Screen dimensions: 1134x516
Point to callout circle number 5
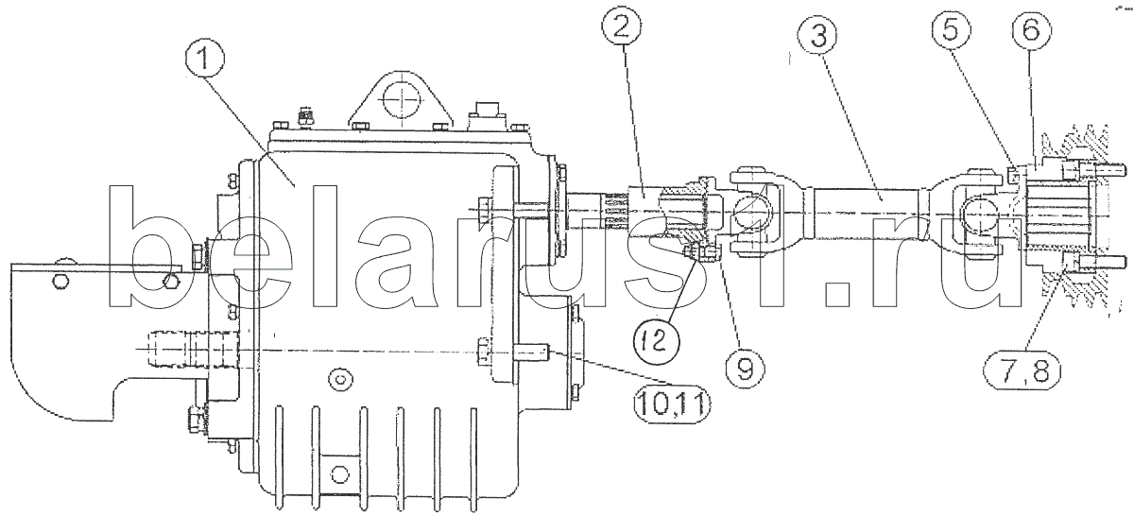[x=951, y=30]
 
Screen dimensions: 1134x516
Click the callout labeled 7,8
[x=1022, y=373]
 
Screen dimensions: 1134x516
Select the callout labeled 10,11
[x=672, y=403]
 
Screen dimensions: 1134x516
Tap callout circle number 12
[x=657, y=341]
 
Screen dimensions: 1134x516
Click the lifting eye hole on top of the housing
[x=402, y=100]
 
